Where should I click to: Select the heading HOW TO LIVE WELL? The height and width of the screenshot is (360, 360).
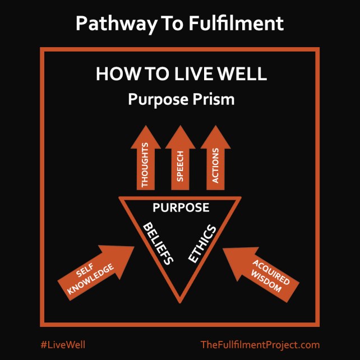pyautogui.click(x=179, y=75)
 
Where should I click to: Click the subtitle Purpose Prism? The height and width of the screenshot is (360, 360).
pyautogui.click(x=179, y=99)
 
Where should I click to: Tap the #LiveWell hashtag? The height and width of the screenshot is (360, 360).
pyautogui.click(x=63, y=344)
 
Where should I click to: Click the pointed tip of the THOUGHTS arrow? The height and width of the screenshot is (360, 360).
pyautogui.click(x=146, y=127)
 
